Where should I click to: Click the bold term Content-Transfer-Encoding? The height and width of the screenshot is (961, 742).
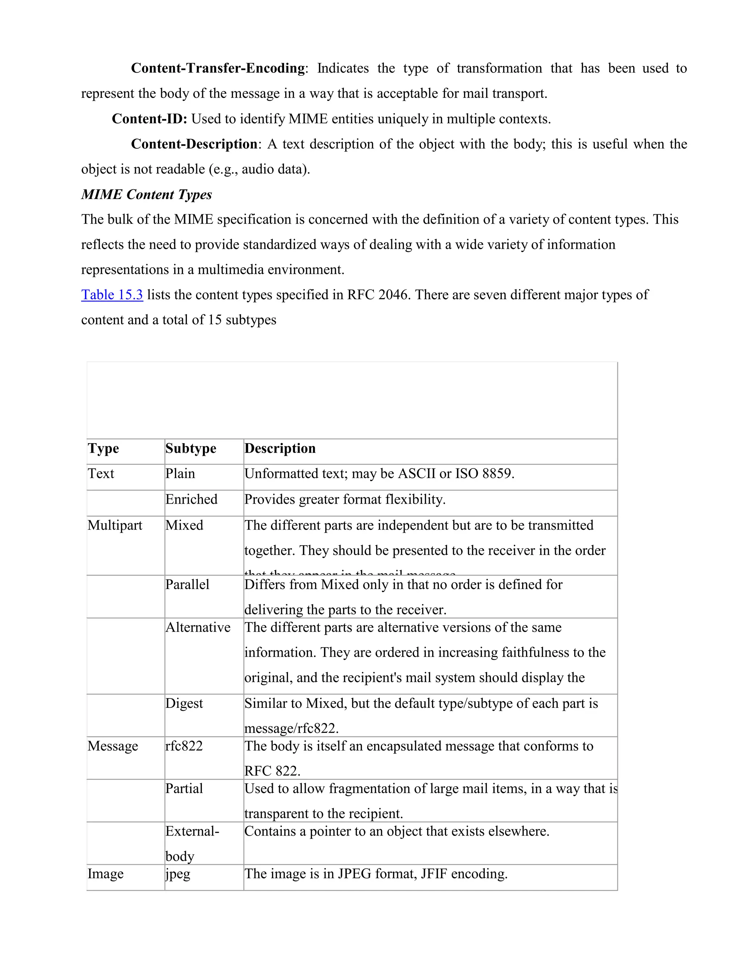click(218, 68)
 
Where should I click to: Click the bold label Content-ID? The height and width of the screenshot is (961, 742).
click(150, 119)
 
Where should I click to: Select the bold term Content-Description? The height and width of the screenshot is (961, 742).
click(194, 144)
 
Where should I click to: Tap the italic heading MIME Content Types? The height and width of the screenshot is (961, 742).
click(146, 194)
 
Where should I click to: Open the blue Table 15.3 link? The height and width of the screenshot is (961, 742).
click(112, 294)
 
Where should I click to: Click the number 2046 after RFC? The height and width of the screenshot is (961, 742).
click(394, 294)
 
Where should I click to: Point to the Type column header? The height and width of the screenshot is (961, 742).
click(103, 448)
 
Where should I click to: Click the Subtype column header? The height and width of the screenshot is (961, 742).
click(191, 448)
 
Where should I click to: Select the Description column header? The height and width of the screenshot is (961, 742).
click(280, 448)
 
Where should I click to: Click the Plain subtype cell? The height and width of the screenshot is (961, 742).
click(180, 474)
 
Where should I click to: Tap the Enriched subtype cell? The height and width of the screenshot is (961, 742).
click(191, 499)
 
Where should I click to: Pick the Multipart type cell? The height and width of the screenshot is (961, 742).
click(115, 525)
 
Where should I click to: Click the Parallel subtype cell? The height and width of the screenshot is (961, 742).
click(187, 585)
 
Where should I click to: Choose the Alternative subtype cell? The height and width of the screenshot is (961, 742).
click(198, 627)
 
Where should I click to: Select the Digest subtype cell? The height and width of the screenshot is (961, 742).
click(184, 704)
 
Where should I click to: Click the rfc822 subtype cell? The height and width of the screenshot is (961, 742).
click(184, 746)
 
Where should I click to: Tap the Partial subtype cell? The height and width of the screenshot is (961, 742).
click(184, 788)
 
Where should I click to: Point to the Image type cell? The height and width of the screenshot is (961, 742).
click(105, 874)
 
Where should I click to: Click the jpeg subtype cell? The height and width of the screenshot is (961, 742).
click(178, 874)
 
